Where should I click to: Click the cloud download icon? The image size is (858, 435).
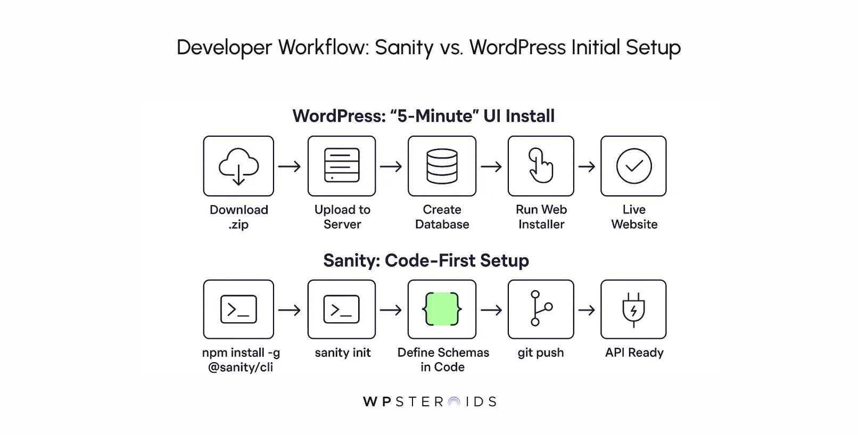(238, 166)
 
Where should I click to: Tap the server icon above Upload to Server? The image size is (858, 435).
(342, 166)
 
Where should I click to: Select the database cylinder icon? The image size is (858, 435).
(442, 166)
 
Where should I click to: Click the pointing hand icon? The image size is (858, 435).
(541, 166)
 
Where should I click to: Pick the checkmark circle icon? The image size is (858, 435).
(633, 166)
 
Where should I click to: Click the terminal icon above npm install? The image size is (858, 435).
(238, 309)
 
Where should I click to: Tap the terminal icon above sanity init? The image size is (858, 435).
(342, 309)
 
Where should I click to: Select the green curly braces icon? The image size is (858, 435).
(442, 309)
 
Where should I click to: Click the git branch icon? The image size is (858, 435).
(541, 308)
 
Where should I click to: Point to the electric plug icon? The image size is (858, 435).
(633, 309)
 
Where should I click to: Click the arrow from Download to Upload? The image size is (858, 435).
(290, 166)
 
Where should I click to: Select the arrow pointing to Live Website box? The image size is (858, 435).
(587, 166)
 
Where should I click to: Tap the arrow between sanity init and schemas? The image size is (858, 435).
(391, 309)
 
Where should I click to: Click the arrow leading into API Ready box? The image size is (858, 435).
(587, 309)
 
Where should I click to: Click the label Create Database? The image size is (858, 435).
(442, 217)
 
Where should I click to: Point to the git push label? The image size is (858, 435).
(541, 353)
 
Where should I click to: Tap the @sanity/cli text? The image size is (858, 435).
(241, 367)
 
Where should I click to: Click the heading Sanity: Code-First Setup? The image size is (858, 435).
(426, 261)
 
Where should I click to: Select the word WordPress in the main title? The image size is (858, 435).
(517, 47)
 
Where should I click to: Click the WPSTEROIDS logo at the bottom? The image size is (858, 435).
(429, 401)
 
